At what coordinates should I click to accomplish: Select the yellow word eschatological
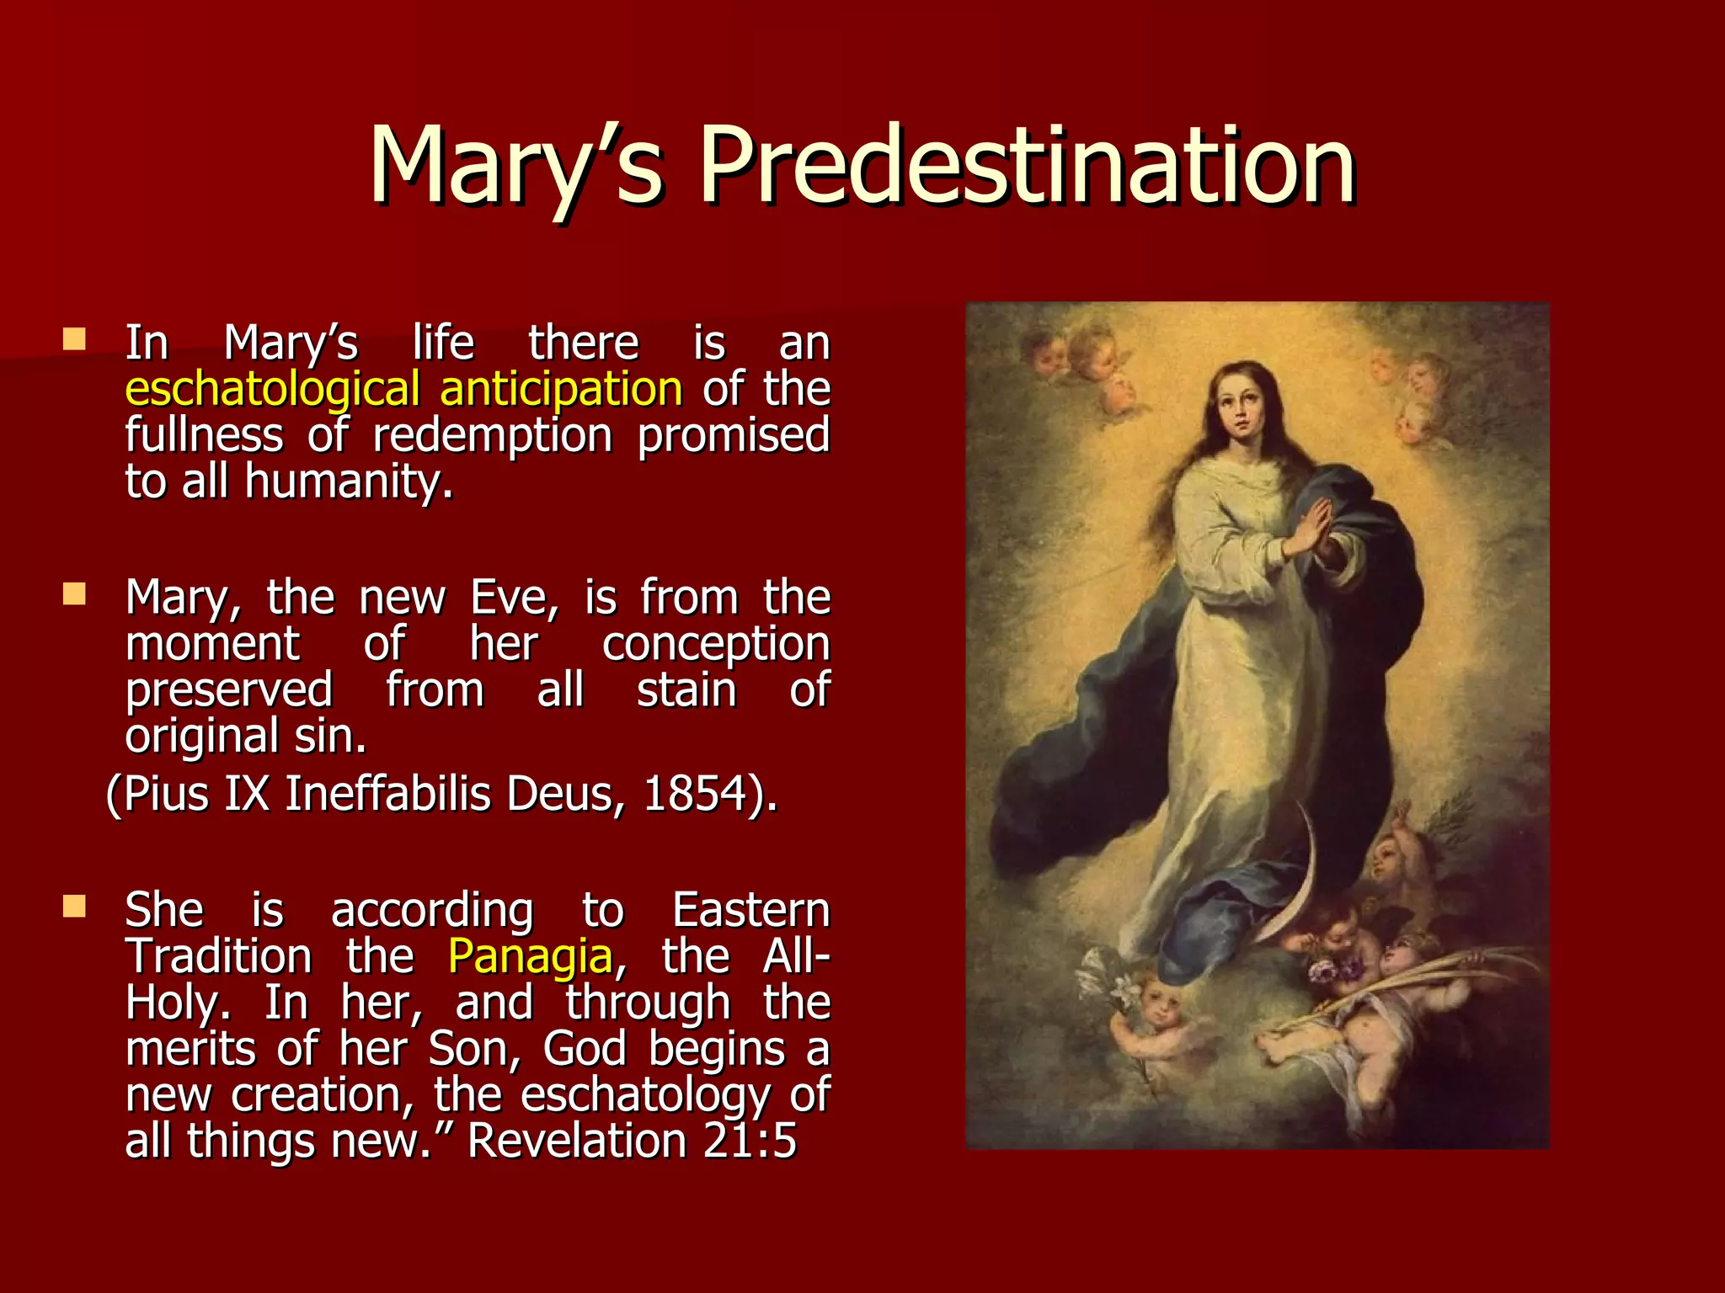(x=272, y=390)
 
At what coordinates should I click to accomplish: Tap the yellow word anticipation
(x=561, y=390)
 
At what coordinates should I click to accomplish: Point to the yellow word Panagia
(x=530, y=957)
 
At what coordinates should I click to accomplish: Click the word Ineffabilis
(x=387, y=794)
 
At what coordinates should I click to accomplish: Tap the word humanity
(x=349, y=482)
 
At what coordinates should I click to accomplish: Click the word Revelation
(x=577, y=1141)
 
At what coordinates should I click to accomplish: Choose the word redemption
(x=493, y=436)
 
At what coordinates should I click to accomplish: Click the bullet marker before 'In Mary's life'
(x=74, y=340)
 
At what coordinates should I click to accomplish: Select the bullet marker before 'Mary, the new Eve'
(x=74, y=595)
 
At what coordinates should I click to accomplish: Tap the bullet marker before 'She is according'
(x=74, y=907)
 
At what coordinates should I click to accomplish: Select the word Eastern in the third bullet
(x=751, y=911)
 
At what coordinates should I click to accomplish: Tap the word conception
(x=716, y=645)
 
